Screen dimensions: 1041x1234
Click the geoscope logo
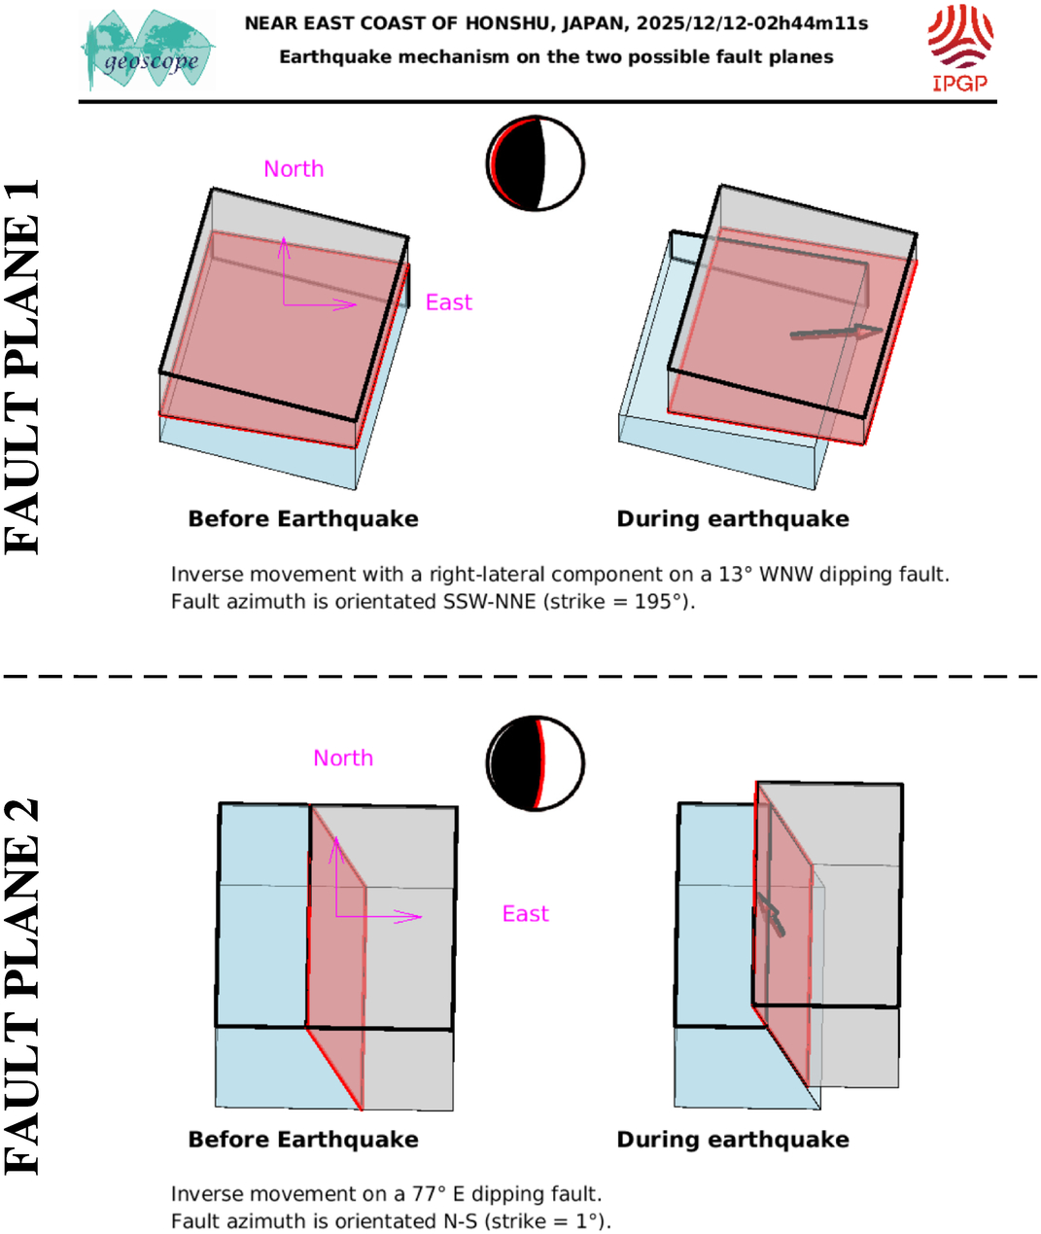pyautogui.click(x=148, y=50)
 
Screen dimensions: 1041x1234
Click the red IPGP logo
pyautogui.click(x=960, y=48)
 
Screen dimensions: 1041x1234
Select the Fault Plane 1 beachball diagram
pyautogui.click(x=536, y=163)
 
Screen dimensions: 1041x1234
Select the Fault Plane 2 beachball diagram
pyautogui.click(x=536, y=763)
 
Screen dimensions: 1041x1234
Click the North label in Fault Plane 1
pyautogui.click(x=294, y=169)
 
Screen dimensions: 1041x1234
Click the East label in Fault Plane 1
pyautogui.click(x=449, y=302)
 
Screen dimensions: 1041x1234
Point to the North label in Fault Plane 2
pyautogui.click(x=343, y=758)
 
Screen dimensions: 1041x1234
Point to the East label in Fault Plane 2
pyautogui.click(x=525, y=914)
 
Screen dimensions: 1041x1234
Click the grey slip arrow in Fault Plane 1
pyautogui.click(x=837, y=333)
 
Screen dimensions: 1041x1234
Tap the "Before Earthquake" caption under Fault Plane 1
pyautogui.click(x=303, y=519)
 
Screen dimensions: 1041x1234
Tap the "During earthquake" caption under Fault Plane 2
pyautogui.click(x=733, y=1140)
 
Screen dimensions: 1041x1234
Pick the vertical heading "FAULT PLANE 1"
pyautogui.click(x=21, y=367)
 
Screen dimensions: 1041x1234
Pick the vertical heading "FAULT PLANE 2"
pyautogui.click(x=21, y=987)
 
